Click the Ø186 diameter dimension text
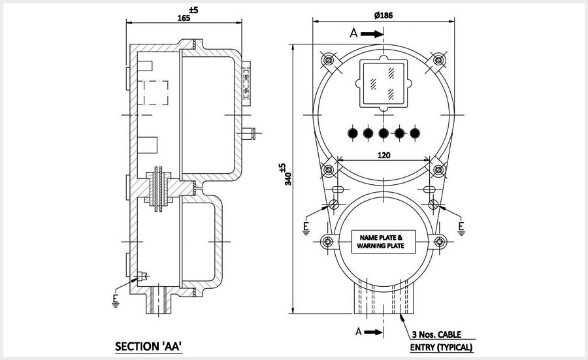(x=384, y=14)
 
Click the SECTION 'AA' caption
(x=146, y=345)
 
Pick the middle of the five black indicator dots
(x=384, y=133)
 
